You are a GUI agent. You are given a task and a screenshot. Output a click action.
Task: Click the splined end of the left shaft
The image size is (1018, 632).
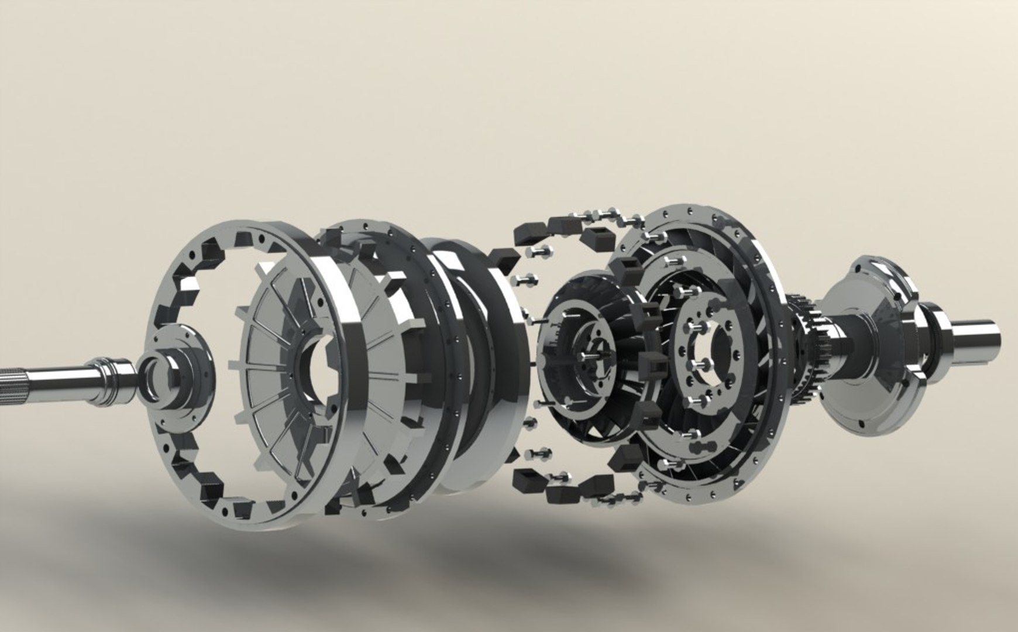point(18,375)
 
